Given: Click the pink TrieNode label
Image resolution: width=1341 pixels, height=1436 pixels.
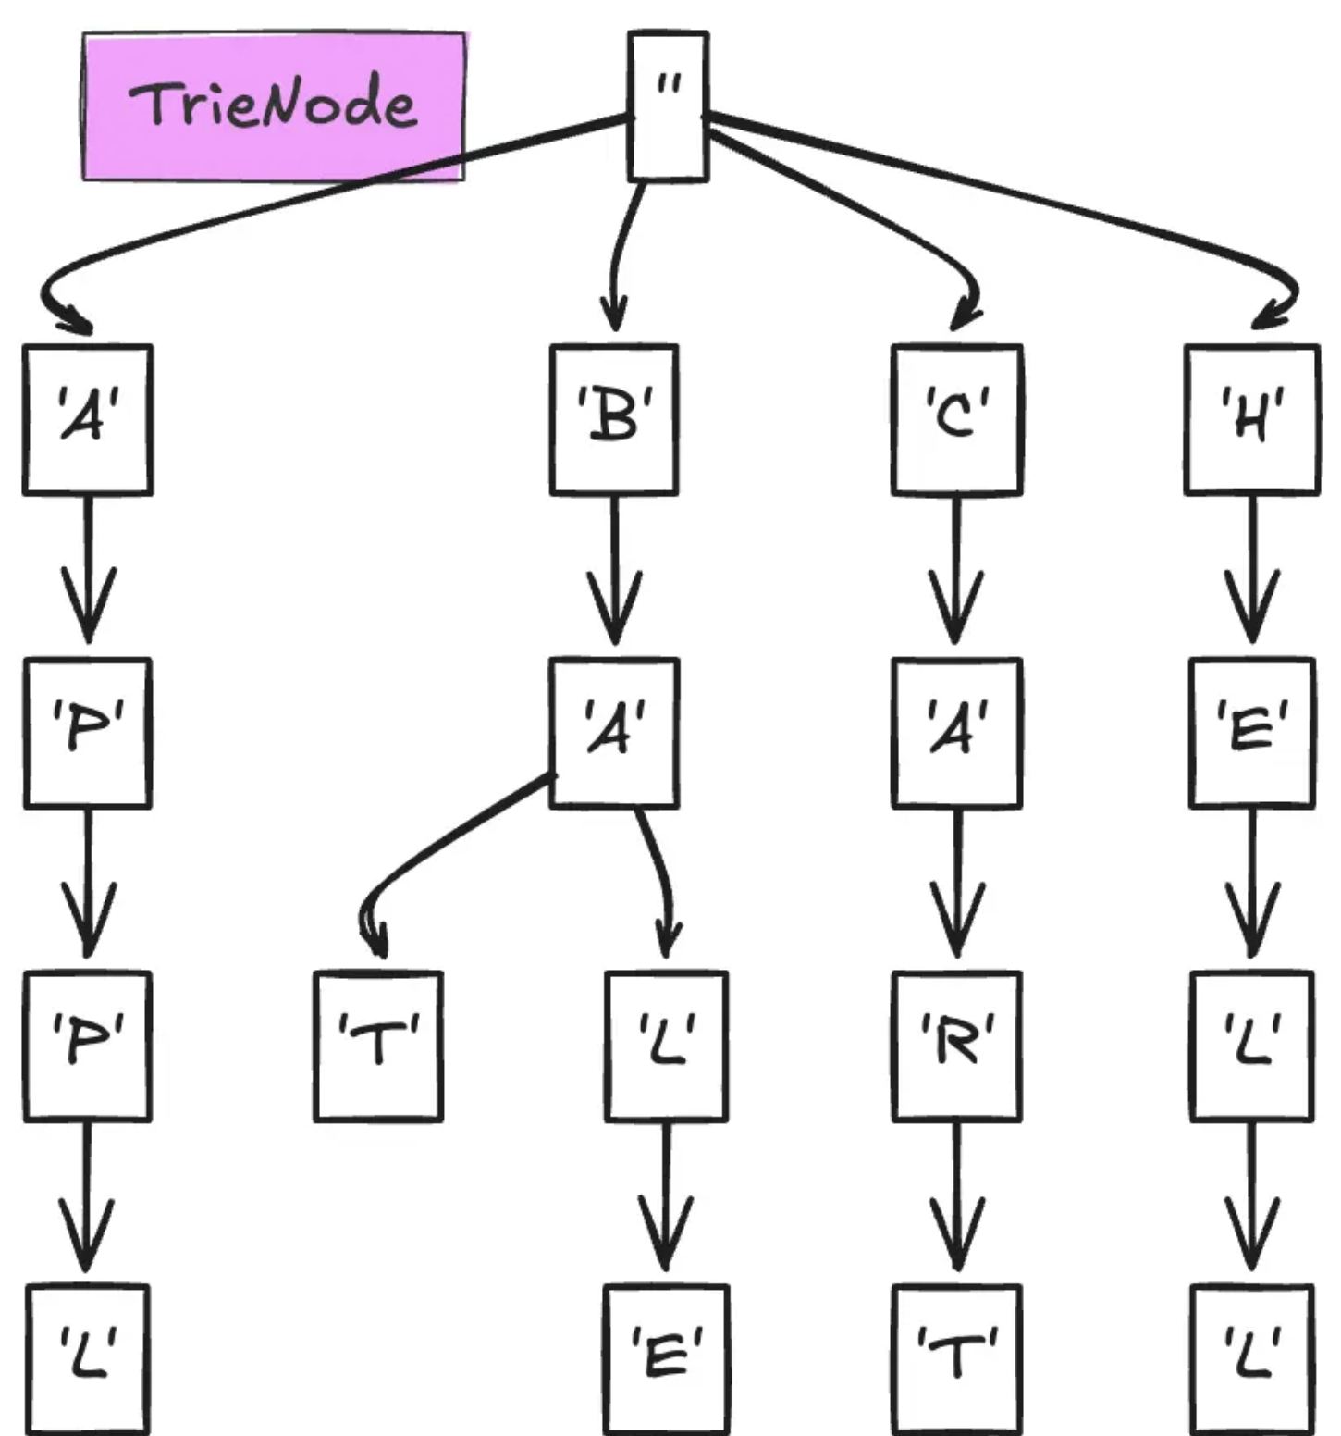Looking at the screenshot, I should pyautogui.click(x=274, y=105).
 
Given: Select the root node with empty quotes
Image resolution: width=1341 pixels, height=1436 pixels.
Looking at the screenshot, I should pyautogui.click(x=668, y=105).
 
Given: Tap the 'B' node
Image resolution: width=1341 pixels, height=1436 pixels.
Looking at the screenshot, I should pyautogui.click(x=614, y=419).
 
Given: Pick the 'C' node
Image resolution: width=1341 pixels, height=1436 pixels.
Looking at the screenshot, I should pyautogui.click(x=956, y=419).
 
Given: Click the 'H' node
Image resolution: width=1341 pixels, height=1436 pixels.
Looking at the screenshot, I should pyautogui.click(x=1251, y=419).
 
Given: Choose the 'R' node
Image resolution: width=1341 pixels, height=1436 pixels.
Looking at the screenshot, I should pyautogui.click(x=956, y=1046).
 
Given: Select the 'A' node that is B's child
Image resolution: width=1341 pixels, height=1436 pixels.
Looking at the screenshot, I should pyautogui.click(x=614, y=732).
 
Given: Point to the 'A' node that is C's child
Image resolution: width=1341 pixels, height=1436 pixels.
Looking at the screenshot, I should pyautogui.click(x=956, y=732).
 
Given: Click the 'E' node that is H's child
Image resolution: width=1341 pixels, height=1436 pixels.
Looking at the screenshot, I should pyautogui.click(x=1251, y=732).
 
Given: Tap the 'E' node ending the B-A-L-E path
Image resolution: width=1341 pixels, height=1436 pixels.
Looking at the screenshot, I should pyautogui.click(x=666, y=1358).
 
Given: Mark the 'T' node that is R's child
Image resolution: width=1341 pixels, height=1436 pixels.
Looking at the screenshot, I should pyautogui.click(x=956, y=1358).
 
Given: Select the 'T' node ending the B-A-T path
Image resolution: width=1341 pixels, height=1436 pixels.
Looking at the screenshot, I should pyautogui.click(x=378, y=1046).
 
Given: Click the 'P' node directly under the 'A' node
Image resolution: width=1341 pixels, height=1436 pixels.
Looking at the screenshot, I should pyautogui.click(x=88, y=732).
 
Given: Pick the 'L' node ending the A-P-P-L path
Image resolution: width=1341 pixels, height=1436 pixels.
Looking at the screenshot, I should pyautogui.click(x=88, y=1358).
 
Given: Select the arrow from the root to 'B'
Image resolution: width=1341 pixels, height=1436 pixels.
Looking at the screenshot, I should pyautogui.click(x=621, y=250).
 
